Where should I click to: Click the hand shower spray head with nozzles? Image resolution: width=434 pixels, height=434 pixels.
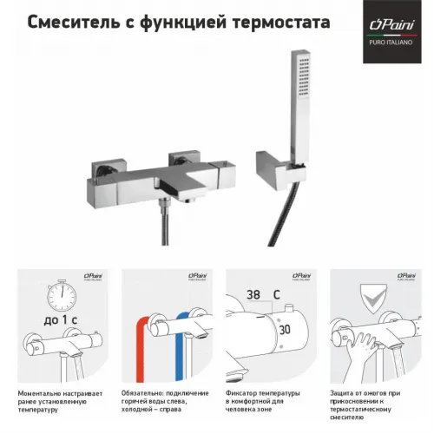click(x=305, y=83)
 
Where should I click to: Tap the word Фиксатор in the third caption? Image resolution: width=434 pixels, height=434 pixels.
click(x=244, y=393)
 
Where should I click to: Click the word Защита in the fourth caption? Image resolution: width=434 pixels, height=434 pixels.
click(x=344, y=393)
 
